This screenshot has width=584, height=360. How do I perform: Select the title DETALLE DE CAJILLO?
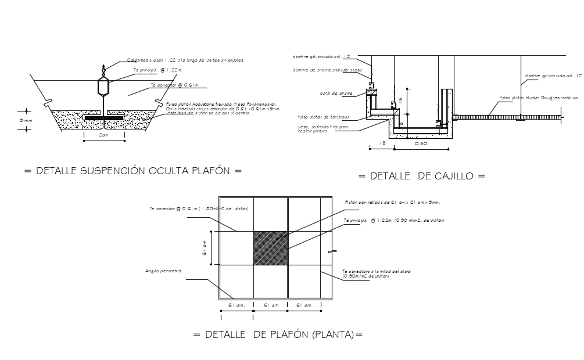(x=421, y=175)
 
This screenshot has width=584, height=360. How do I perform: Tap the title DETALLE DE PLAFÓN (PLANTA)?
(x=278, y=334)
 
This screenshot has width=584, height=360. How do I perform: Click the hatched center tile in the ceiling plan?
(x=271, y=248)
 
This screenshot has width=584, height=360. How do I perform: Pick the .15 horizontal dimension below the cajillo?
(x=381, y=142)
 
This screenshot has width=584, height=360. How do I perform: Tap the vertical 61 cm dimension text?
(x=205, y=248)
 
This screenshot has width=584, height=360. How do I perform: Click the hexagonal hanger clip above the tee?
(x=103, y=88)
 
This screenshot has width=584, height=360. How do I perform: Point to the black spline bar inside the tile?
(x=103, y=118)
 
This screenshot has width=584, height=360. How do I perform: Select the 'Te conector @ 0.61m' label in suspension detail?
(x=174, y=84)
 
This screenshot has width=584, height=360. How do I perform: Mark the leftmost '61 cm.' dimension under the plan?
(x=237, y=305)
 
